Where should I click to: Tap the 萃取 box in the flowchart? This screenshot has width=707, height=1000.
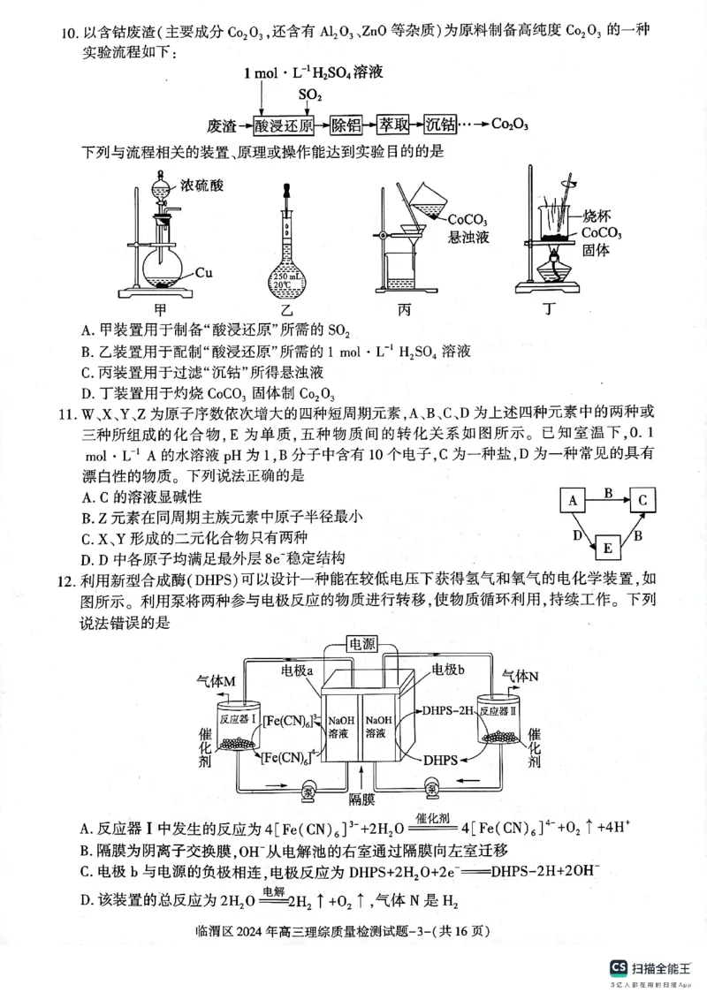396,125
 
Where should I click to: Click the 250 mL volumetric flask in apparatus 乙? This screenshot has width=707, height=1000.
288,265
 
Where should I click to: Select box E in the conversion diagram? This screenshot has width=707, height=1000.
607,549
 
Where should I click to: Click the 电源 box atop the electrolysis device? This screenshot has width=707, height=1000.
361,644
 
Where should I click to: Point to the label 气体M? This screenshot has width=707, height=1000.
215,680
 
